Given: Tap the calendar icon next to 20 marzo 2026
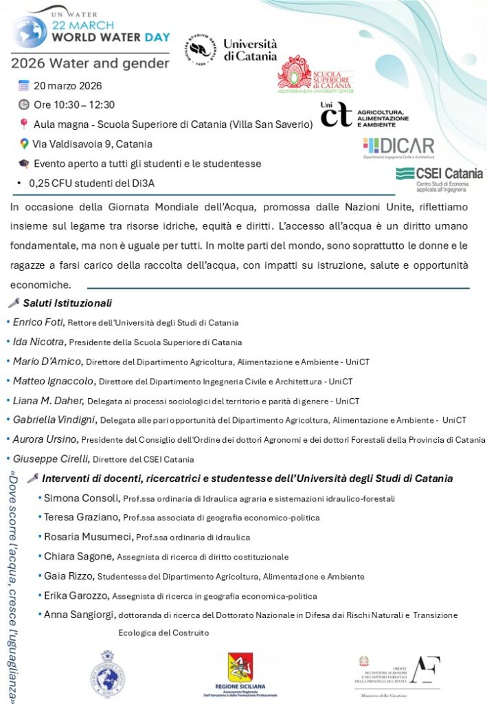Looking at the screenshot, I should [x=23, y=86].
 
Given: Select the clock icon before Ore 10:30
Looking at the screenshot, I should [x=23, y=104].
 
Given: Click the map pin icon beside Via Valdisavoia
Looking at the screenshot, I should [x=24, y=144].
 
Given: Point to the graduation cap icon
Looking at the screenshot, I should [x=24, y=164].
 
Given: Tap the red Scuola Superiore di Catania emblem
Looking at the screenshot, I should [x=295, y=72].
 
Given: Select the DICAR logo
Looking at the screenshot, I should [x=398, y=147].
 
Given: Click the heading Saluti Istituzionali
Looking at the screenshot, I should [x=67, y=303].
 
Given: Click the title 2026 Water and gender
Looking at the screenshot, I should [x=89, y=64].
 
